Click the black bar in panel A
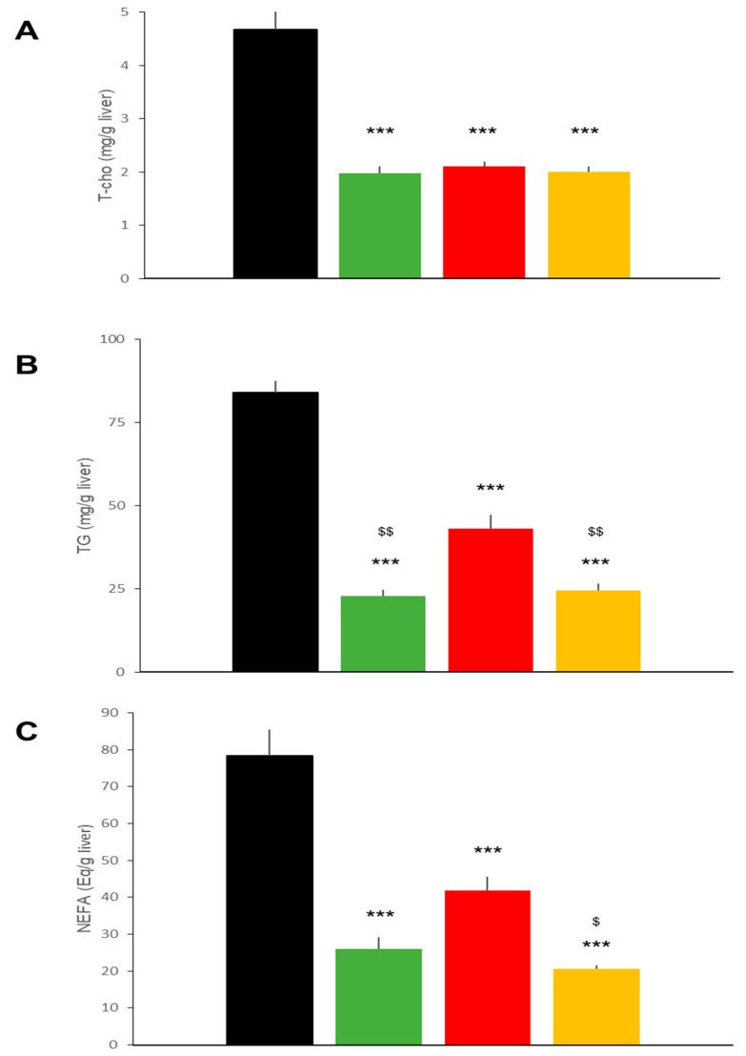(275, 153)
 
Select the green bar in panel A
(380, 226)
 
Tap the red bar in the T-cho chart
(484, 222)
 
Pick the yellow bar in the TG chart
(598, 631)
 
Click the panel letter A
(27, 31)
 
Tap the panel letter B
(27, 364)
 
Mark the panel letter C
(27, 731)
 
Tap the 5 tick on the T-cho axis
(125, 12)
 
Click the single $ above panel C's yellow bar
(596, 922)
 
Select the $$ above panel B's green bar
(385, 531)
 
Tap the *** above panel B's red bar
(491, 489)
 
